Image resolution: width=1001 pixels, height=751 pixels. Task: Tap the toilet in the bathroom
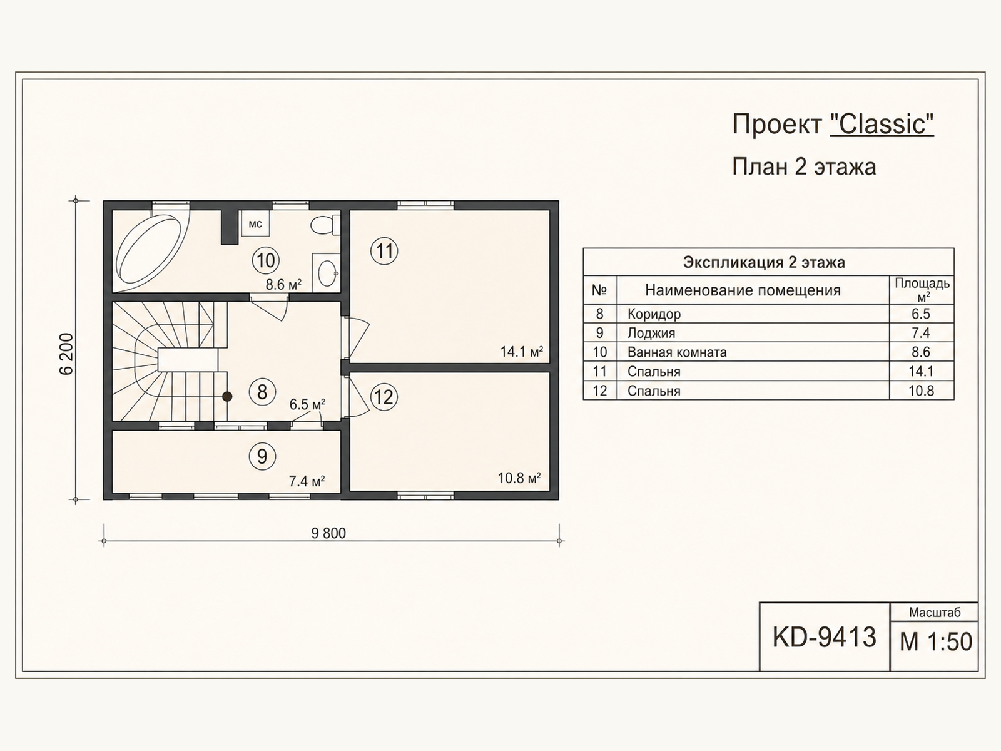pyautogui.click(x=325, y=225)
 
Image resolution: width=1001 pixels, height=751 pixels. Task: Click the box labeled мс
pyautogui.click(x=255, y=224)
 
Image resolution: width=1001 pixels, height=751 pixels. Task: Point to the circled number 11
pyautogui.click(x=384, y=251)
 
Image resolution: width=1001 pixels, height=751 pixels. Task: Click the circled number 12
pyautogui.click(x=384, y=397)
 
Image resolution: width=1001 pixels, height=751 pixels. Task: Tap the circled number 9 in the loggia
pyautogui.click(x=262, y=456)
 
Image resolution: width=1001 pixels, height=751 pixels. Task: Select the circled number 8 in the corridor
pyautogui.click(x=262, y=392)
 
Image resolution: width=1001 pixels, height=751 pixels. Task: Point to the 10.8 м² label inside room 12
pyautogui.click(x=519, y=478)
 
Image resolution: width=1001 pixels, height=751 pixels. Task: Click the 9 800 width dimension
pyautogui.click(x=328, y=533)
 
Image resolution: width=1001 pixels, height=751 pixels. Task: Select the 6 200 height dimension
pyautogui.click(x=66, y=354)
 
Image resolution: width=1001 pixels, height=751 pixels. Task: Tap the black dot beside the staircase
pyautogui.click(x=227, y=397)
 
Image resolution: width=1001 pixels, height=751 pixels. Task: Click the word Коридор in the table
pyautogui.click(x=654, y=314)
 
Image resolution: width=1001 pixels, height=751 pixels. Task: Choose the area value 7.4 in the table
pyautogui.click(x=921, y=333)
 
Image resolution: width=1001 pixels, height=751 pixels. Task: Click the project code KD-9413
pyautogui.click(x=824, y=637)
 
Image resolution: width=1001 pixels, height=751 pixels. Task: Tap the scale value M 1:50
pyautogui.click(x=936, y=641)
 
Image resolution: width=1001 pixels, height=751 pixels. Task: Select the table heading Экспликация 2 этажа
pyautogui.click(x=764, y=262)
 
